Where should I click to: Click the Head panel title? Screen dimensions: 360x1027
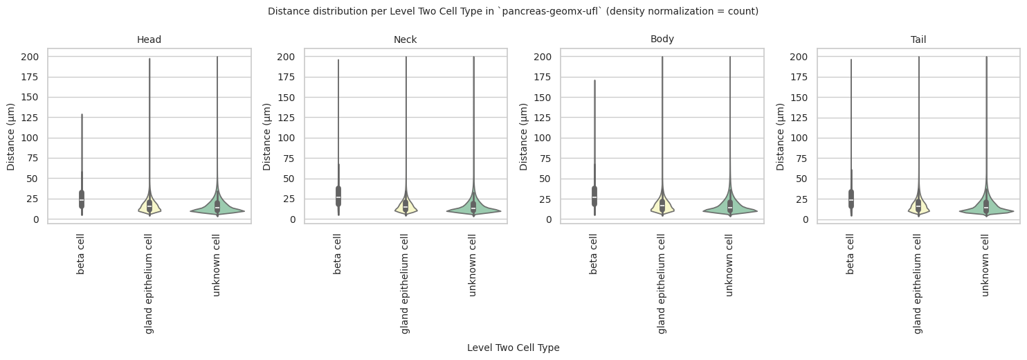point(149,39)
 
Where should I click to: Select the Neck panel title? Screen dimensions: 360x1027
point(405,39)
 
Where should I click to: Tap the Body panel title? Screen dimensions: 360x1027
point(662,39)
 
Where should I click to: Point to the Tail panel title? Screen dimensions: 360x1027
point(918,39)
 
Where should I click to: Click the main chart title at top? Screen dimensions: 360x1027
point(513,11)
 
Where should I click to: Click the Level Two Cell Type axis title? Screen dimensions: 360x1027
point(513,348)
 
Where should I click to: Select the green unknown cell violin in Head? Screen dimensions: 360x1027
point(217,210)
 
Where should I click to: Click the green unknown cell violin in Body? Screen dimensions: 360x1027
point(730,210)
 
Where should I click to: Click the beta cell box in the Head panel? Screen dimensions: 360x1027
point(82,199)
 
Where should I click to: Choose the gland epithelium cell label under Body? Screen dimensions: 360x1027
point(662,283)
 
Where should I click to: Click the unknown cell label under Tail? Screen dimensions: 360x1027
point(986,264)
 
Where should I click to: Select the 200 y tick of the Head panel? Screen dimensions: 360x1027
point(34,56)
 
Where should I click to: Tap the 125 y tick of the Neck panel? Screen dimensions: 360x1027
point(290,118)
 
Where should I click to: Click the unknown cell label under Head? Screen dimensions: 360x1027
point(217,264)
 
